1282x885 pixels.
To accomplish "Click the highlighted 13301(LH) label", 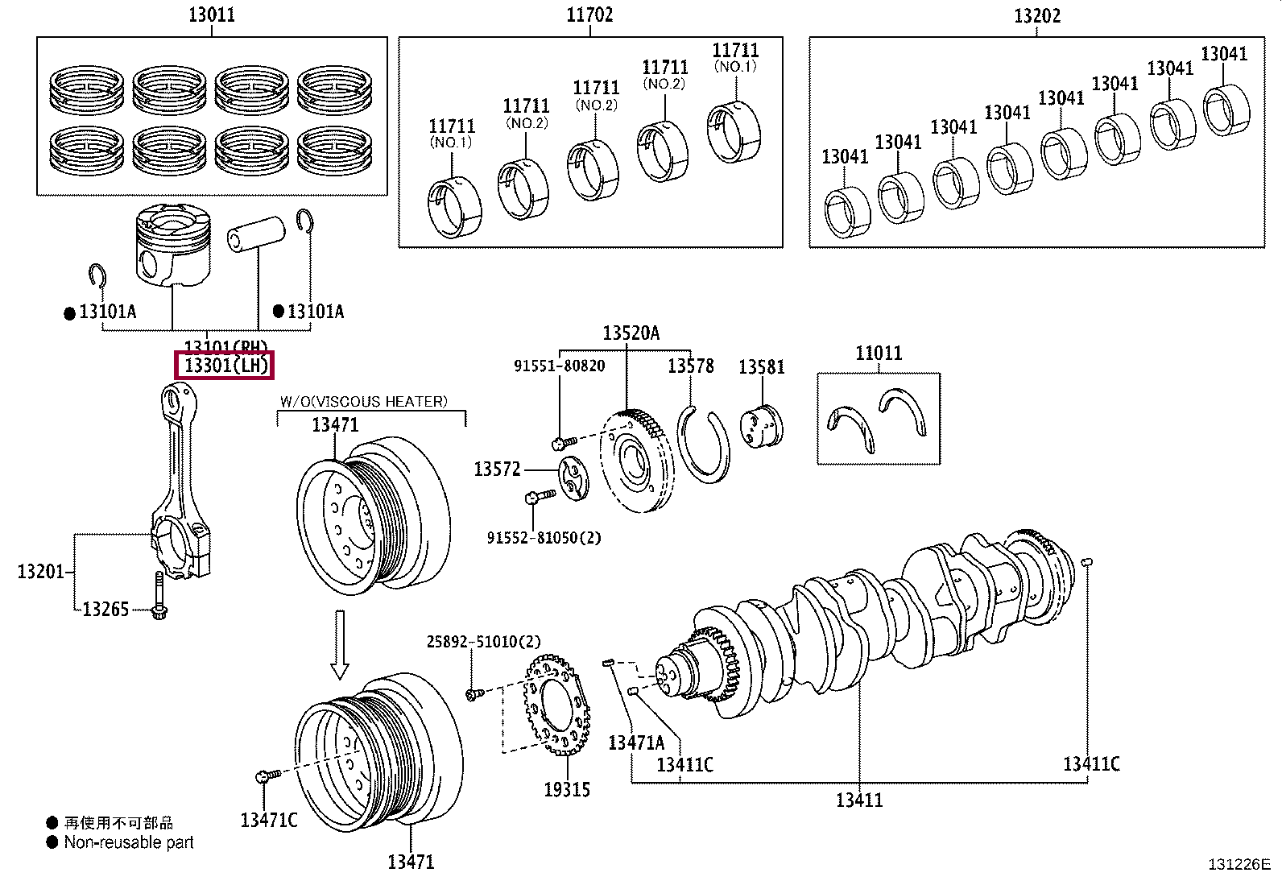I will point(225,366).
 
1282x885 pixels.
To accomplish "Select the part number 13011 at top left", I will point(212,14).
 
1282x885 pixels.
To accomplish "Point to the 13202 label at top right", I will point(1036,16).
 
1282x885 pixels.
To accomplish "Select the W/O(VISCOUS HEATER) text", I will point(363,401).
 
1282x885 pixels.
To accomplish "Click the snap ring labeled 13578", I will point(704,447).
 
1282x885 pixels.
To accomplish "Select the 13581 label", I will point(761,367).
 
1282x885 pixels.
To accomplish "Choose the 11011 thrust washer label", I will point(878,353).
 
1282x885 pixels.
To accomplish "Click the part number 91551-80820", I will point(559,366).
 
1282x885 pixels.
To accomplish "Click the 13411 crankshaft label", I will point(858,800).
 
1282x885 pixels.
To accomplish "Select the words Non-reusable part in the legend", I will point(129,843).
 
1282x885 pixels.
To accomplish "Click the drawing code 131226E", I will point(1239,864).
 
